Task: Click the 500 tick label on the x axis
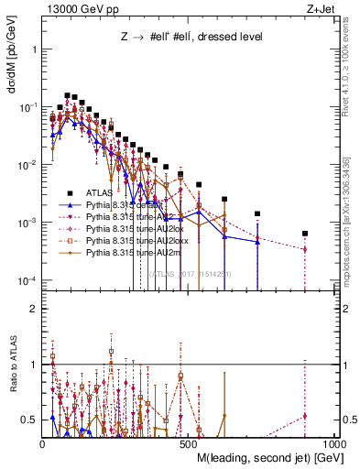point(189,444)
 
